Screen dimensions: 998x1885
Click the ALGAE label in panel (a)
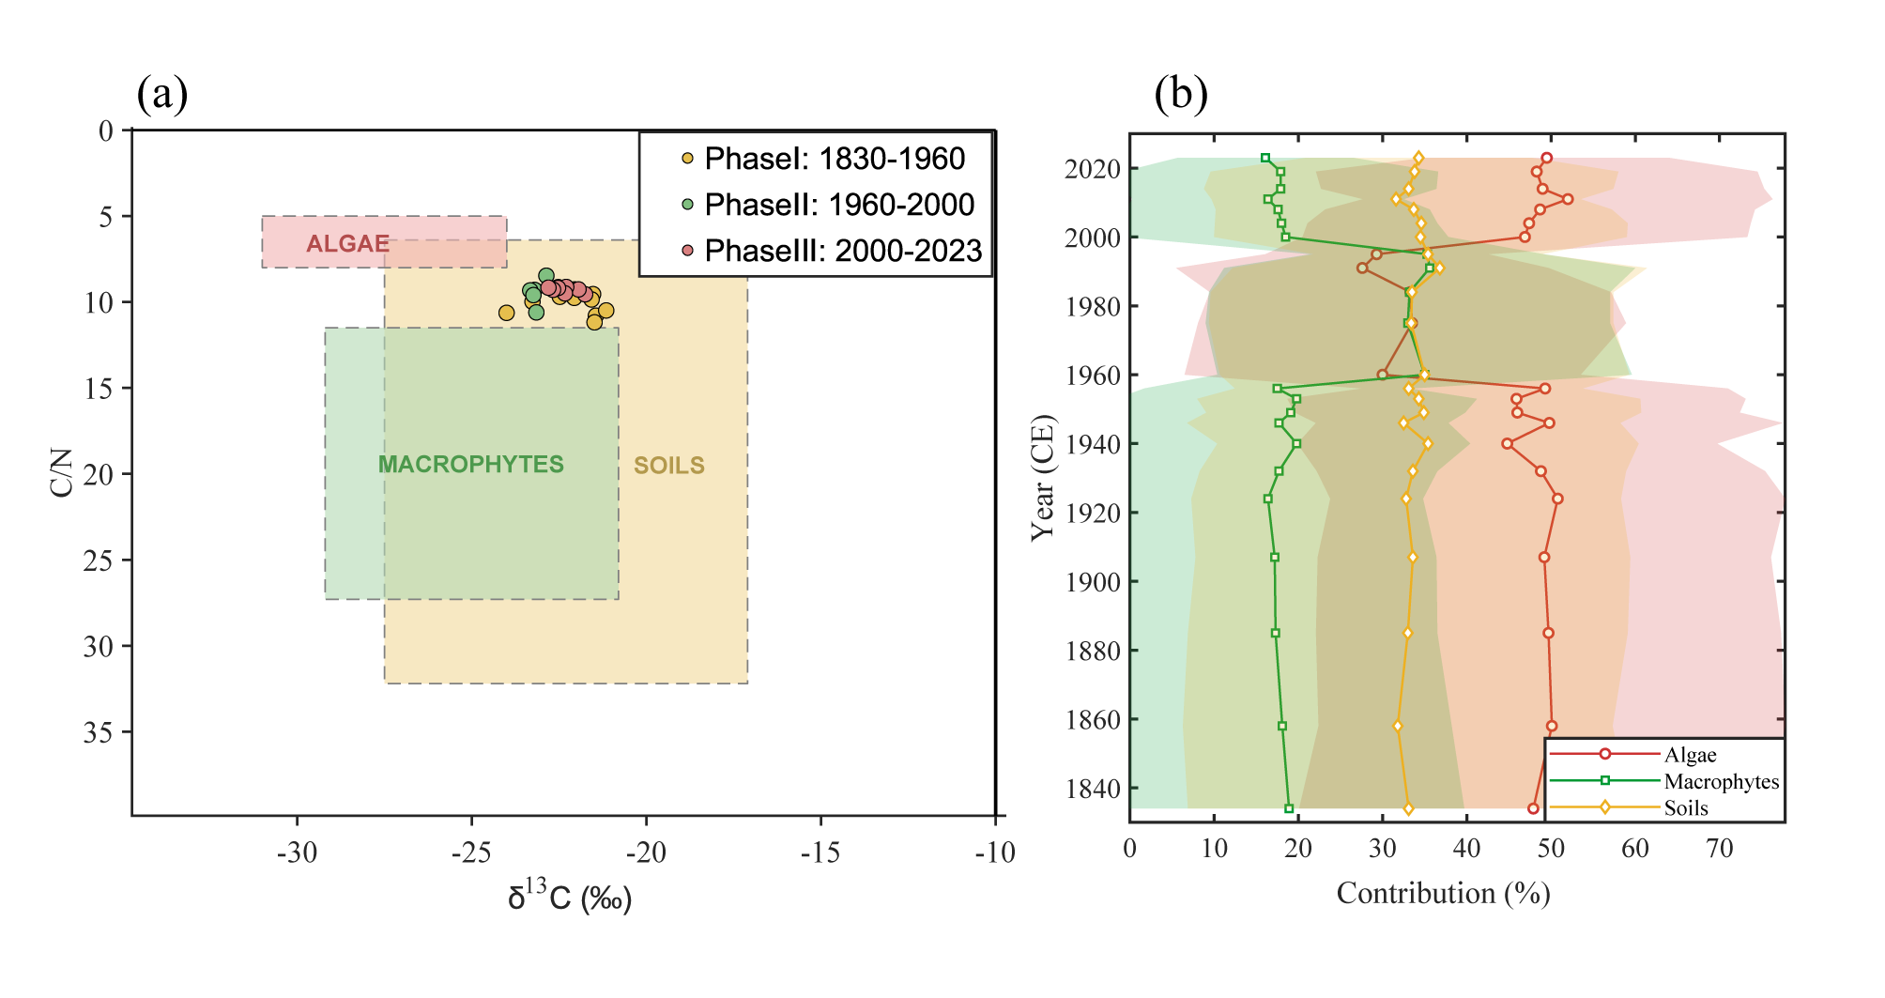click(x=347, y=244)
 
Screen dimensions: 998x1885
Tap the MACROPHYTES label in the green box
click(x=470, y=465)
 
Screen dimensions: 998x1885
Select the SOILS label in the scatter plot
click(x=668, y=466)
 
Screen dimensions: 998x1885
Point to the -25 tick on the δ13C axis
click(x=471, y=852)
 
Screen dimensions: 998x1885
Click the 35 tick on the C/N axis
click(x=99, y=732)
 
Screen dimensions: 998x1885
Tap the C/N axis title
click(x=62, y=473)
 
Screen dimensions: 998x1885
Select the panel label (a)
click(x=162, y=95)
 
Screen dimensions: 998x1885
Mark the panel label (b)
click(x=1180, y=95)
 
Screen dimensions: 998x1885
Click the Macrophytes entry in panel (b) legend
click(x=1721, y=781)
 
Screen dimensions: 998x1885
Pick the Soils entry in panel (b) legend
click(x=1686, y=808)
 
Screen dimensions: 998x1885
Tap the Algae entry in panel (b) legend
click(x=1690, y=755)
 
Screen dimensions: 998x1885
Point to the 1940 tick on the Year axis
click(x=1093, y=444)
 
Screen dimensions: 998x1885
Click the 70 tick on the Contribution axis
click(x=1719, y=849)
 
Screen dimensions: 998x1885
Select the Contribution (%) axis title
click(x=1443, y=893)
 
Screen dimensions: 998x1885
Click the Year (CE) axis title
click(x=1043, y=478)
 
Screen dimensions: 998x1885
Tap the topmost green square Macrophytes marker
click(x=1265, y=159)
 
